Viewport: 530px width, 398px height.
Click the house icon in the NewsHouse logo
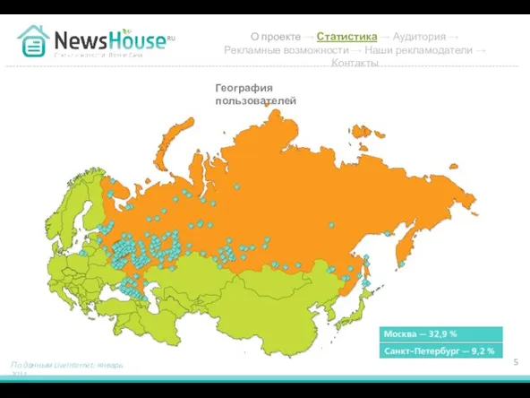(34, 40)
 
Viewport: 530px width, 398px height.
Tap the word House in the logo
(139, 40)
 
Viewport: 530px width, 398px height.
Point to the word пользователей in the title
(255, 101)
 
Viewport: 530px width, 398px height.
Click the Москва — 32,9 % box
(441, 333)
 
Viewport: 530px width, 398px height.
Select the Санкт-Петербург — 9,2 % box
(441, 350)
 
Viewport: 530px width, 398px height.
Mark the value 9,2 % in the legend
(482, 350)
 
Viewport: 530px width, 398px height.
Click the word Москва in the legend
(401, 333)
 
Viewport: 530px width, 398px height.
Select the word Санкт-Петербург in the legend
(422, 350)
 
